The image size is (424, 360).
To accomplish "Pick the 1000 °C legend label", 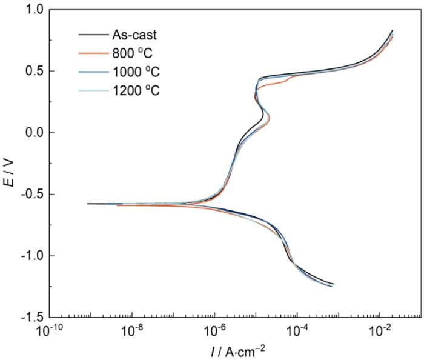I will (135, 72).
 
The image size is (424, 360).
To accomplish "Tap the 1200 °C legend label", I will (135, 91).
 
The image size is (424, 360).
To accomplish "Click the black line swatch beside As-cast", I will (91, 35).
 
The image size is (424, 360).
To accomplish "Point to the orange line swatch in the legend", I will (91, 53).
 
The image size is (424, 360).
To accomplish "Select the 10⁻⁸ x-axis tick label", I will (132, 331).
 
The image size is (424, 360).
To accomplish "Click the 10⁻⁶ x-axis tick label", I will (214, 331).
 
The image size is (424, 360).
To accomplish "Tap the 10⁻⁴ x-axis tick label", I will (297, 331).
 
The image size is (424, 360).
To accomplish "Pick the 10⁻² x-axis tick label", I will (379, 331).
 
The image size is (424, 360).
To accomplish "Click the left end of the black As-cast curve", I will (88, 204).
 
